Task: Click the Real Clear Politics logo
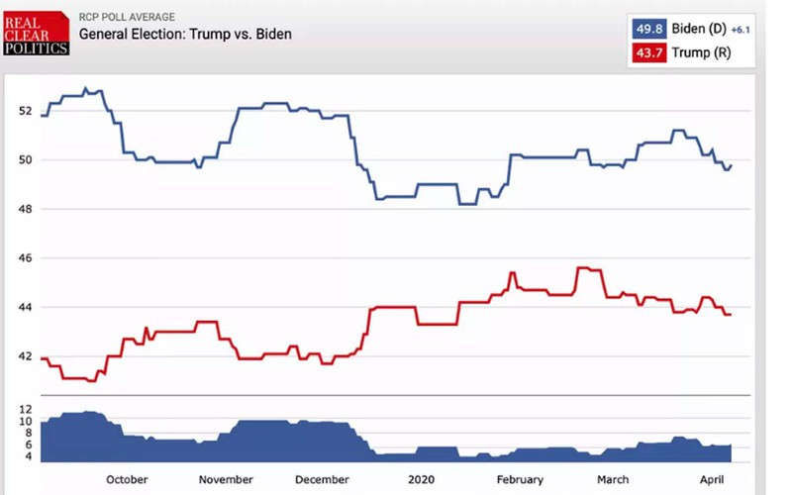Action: click(37, 32)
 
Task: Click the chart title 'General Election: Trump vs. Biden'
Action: click(185, 35)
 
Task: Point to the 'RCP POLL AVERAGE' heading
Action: click(128, 17)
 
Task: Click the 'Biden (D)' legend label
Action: click(700, 29)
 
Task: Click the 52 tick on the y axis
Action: click(27, 111)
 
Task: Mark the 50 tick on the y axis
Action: click(27, 159)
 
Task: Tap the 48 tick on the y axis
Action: click(27, 209)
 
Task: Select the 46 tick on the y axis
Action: click(27, 258)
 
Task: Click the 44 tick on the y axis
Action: click(27, 308)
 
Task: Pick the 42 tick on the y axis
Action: click(27, 356)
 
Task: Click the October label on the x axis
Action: click(127, 480)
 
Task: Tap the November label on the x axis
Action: click(226, 480)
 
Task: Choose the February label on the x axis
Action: click(520, 480)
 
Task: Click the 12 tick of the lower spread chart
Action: click(25, 409)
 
